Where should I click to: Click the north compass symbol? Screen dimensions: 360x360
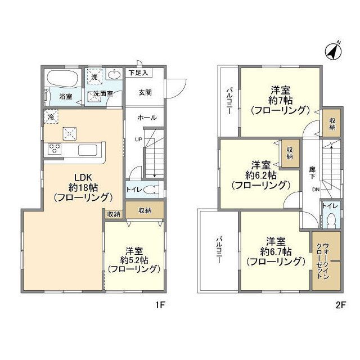click(334, 52)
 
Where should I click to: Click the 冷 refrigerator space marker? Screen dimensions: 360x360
click(51, 118)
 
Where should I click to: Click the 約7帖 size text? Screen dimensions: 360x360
click(280, 100)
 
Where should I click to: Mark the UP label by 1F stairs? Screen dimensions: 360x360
click(137, 139)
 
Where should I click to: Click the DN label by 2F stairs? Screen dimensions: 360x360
click(316, 190)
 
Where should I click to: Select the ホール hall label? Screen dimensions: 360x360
click(147, 118)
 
